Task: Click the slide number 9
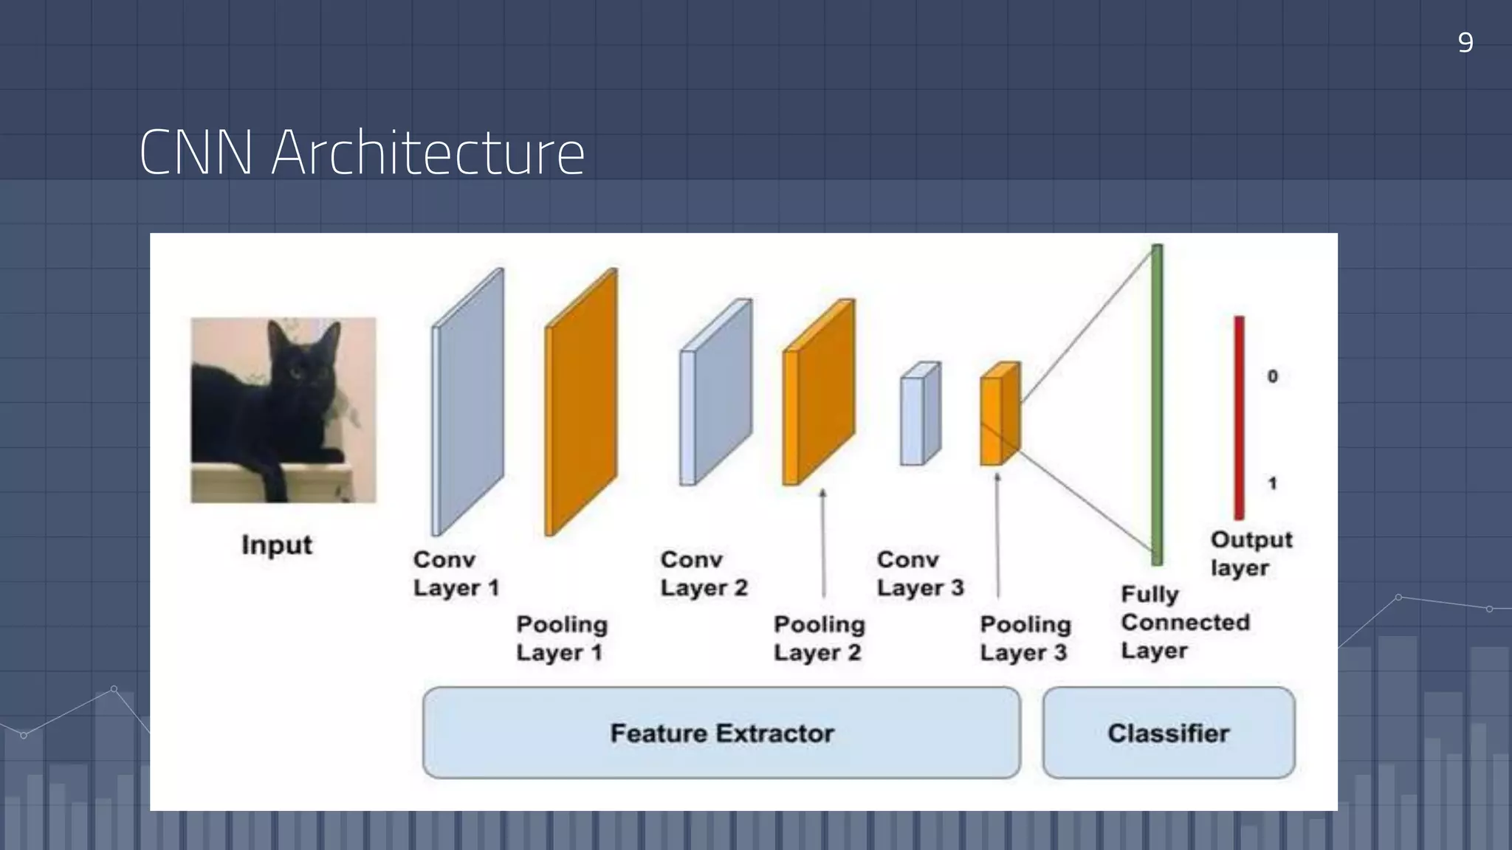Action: tap(1465, 43)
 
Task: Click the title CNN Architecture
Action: tap(362, 153)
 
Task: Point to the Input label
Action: tap(277, 545)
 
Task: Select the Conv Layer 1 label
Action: tap(456, 573)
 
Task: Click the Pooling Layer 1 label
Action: tap(562, 638)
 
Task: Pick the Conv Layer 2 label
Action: tap(704, 573)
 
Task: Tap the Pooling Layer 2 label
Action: tap(819, 638)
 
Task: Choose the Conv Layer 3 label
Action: tap(920, 573)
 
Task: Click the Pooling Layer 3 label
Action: tap(1025, 638)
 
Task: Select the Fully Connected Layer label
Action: tap(1184, 622)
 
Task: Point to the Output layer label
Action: tap(1251, 553)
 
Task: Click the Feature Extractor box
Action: tap(721, 733)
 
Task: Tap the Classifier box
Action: tap(1168, 733)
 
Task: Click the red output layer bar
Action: tap(1239, 418)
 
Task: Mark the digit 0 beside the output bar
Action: tap(1272, 376)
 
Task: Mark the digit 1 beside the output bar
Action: tap(1272, 483)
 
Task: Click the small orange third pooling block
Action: tap(999, 415)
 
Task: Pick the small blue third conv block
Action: tap(919, 415)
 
